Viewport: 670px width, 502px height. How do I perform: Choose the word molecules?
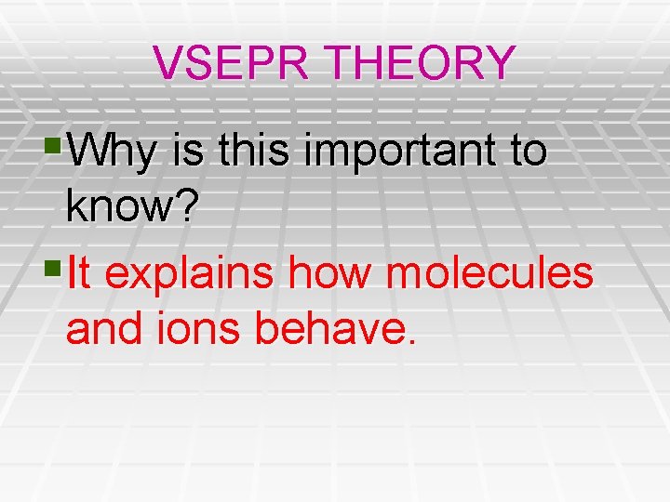pos(488,274)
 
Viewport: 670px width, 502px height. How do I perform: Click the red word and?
pos(101,330)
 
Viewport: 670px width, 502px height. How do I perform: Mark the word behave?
pos(326,330)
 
